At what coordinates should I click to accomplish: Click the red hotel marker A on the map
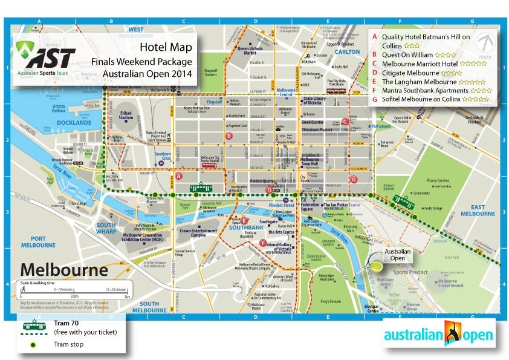pyautogui.click(x=179, y=176)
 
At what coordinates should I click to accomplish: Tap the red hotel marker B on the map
pyautogui.click(x=229, y=136)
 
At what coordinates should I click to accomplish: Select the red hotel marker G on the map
pyautogui.click(x=354, y=178)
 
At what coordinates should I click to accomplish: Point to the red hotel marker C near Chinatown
pyautogui.click(x=345, y=122)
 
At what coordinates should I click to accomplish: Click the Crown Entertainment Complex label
pyautogui.click(x=198, y=233)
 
